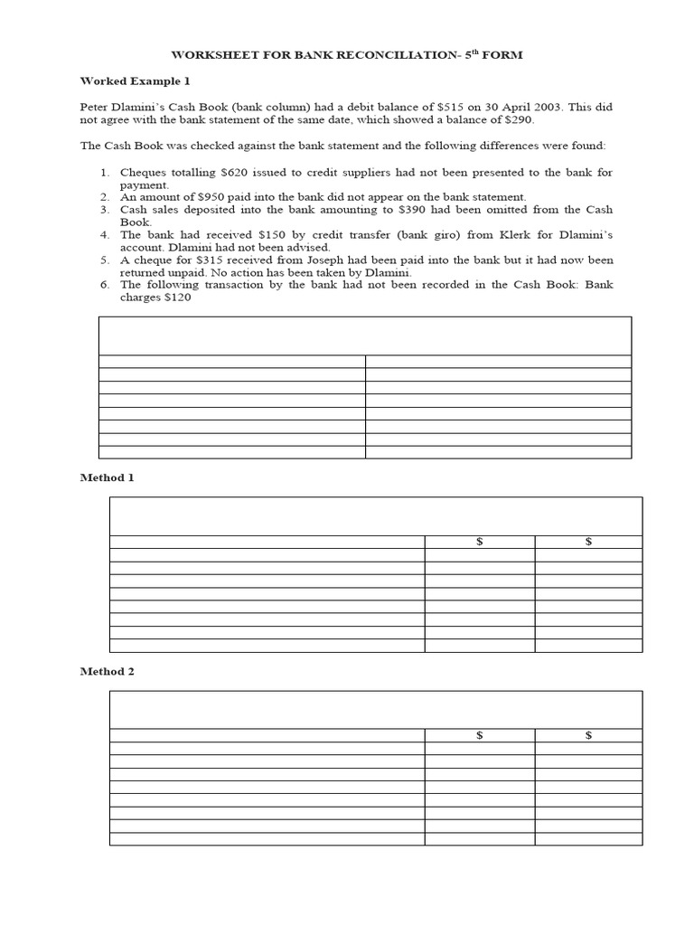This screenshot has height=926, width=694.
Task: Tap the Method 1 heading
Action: [107, 477]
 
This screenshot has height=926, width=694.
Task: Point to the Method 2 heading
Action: [107, 672]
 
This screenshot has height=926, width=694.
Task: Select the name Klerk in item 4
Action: [472, 235]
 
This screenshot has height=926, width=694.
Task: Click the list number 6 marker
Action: [104, 284]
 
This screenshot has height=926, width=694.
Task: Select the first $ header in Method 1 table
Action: [480, 542]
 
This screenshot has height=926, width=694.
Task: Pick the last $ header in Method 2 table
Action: [588, 736]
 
